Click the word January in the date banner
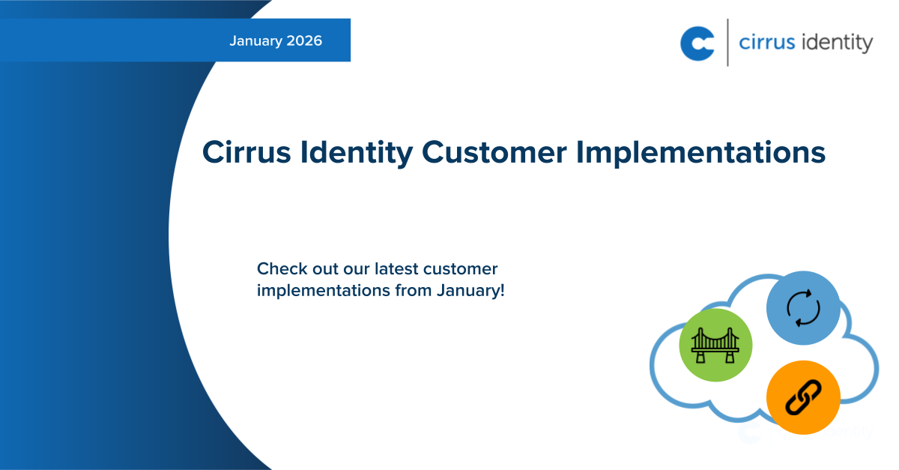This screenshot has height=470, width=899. click(x=255, y=41)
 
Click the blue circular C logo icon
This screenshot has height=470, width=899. click(x=697, y=43)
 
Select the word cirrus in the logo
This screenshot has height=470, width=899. click(x=765, y=43)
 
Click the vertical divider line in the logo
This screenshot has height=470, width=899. click(x=727, y=43)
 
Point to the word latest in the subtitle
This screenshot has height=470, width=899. click(x=396, y=268)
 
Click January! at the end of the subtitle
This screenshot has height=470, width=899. click(x=470, y=290)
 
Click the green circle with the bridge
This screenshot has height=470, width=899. click(x=715, y=345)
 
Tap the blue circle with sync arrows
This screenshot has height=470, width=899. click(x=803, y=308)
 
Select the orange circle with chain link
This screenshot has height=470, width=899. click(x=803, y=397)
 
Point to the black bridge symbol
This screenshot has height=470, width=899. click(x=715, y=346)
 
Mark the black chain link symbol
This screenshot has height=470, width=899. click(x=803, y=397)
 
